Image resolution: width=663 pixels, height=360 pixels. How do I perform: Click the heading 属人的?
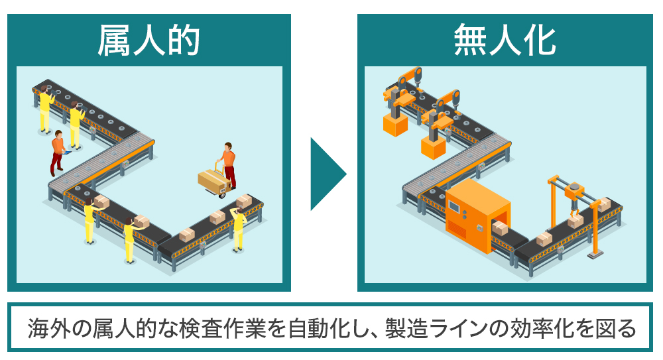tap(149, 40)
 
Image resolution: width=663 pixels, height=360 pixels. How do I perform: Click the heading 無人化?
tap(505, 40)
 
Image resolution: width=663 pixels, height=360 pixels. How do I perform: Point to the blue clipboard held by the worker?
tap(66, 152)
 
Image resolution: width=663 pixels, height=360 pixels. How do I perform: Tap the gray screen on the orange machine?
tap(455, 206)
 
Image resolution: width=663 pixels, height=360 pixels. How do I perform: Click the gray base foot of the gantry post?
tap(595, 255)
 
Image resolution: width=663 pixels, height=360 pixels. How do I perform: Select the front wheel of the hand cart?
tap(221, 195)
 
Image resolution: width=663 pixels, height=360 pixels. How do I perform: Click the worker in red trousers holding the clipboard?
tap(58, 152)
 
